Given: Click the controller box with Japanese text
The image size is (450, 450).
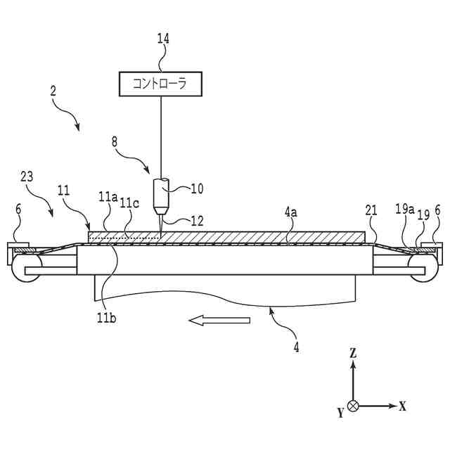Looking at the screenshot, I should click(x=160, y=84).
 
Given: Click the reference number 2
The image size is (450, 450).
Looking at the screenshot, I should click(x=53, y=91).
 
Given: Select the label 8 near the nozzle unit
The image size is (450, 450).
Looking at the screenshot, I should click(x=115, y=141).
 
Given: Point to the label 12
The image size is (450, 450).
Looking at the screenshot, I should click(x=197, y=220).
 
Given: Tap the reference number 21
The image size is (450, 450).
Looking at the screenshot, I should click(x=373, y=209).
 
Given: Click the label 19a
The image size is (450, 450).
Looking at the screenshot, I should click(x=402, y=208).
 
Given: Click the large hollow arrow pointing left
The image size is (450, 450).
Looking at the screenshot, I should click(x=219, y=321).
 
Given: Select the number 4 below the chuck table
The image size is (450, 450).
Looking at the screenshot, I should click(x=297, y=347).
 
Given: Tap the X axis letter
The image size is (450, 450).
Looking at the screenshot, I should click(x=403, y=406).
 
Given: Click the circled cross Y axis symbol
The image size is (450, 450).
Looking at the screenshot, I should click(x=354, y=406).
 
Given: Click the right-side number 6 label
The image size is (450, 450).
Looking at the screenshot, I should click(x=438, y=210).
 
